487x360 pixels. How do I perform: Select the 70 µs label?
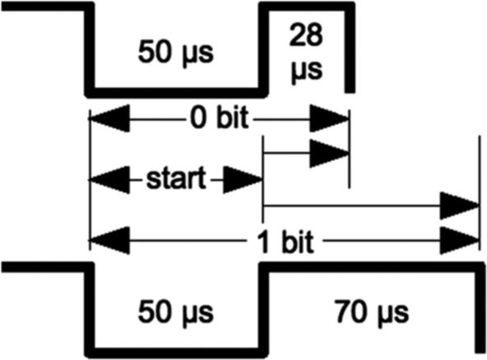(x=367, y=313)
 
